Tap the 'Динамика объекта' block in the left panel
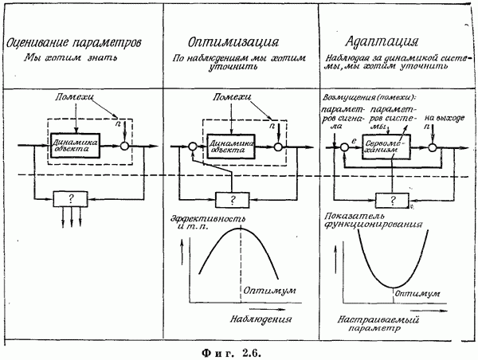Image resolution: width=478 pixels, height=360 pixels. (74, 146)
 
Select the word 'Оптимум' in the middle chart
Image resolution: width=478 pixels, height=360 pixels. (265, 290)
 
